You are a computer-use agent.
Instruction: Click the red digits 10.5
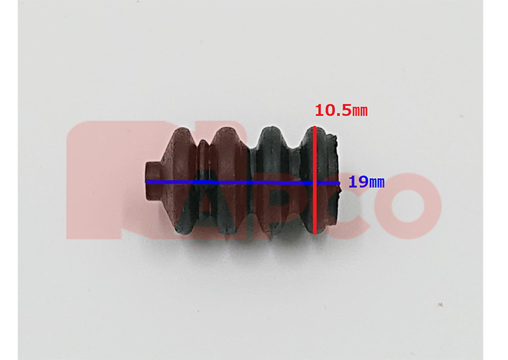(333, 110)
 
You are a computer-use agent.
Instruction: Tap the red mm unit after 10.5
(360, 112)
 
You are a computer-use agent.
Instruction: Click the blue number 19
(358, 182)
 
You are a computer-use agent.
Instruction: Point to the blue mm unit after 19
(377, 184)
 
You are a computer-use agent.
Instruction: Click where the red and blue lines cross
(315, 183)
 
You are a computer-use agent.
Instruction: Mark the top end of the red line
(315, 126)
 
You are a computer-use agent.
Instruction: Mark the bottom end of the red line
(315, 234)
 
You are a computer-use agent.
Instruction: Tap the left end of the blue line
(147, 182)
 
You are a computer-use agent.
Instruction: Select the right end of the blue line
(339, 183)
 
